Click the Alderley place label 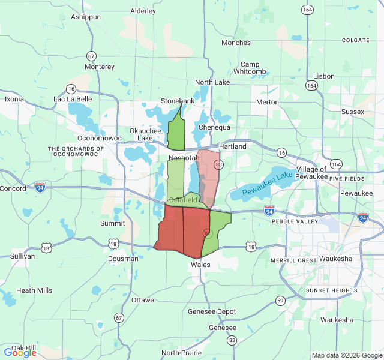143,11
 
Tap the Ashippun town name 86,17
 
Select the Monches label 236,43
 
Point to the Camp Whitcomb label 250,68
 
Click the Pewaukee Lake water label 268,183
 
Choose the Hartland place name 232,146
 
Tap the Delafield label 183,199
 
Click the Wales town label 200,264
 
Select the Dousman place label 123,259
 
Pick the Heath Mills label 34,290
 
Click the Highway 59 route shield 280,300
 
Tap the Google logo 20,353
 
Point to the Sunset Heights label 331,290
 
